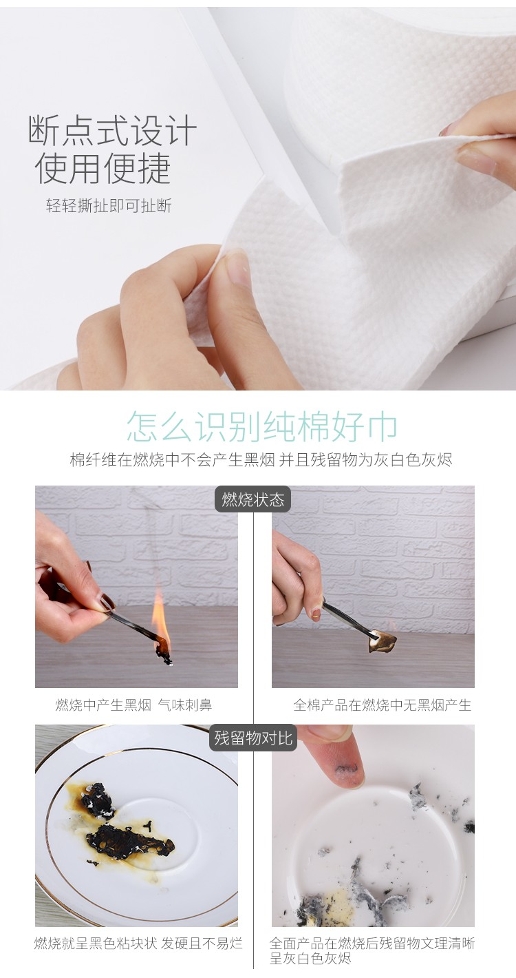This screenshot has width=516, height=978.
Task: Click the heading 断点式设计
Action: pyautogui.click(x=113, y=129)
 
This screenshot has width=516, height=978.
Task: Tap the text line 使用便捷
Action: pyautogui.click(x=103, y=169)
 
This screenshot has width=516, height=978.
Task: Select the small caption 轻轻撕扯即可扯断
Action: pyautogui.click(x=109, y=205)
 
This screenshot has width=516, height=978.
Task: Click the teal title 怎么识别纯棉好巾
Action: pyautogui.click(x=262, y=426)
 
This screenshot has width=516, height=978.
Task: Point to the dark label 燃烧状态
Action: pyautogui.click(x=253, y=499)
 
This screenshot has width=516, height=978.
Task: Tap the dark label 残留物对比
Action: pyautogui.click(x=253, y=738)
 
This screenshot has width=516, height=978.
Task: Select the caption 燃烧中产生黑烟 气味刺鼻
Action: pyautogui.click(x=133, y=705)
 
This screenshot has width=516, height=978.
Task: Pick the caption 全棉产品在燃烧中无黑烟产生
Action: pyautogui.click(x=382, y=705)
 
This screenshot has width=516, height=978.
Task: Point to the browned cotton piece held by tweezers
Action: pyautogui.click(x=383, y=640)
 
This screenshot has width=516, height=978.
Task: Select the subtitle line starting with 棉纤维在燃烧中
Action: pyautogui.click(x=261, y=460)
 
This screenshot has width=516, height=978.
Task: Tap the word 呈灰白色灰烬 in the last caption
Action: pyautogui.click(x=310, y=959)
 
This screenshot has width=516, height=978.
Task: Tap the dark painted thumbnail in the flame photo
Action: pyautogui.click(x=106, y=603)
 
